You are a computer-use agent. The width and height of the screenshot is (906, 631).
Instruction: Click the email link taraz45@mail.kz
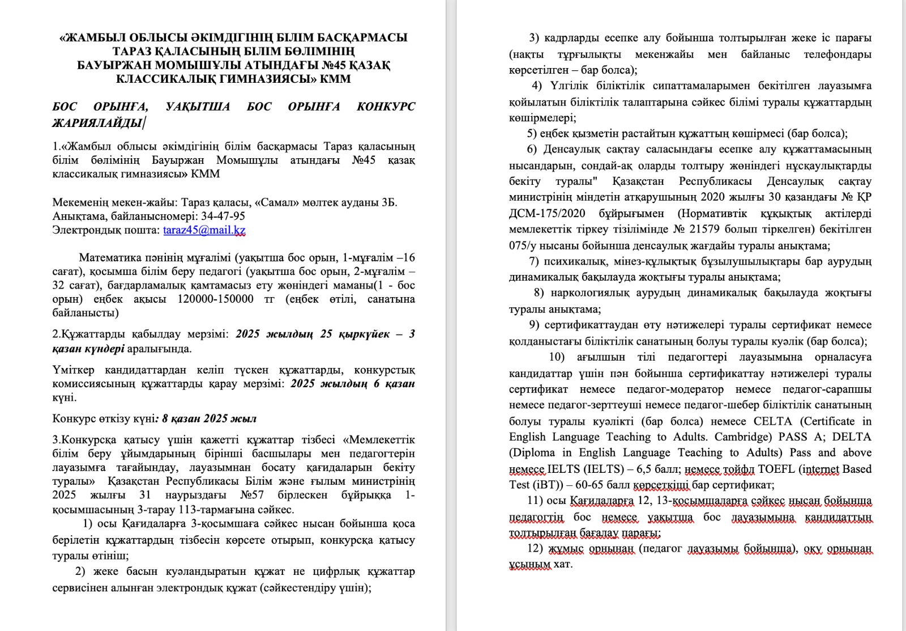click(x=204, y=230)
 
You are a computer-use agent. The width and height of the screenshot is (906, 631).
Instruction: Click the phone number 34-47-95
click(x=223, y=216)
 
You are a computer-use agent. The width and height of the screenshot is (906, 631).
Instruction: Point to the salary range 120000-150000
click(x=215, y=299)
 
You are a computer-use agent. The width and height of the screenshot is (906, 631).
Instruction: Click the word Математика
click(x=108, y=258)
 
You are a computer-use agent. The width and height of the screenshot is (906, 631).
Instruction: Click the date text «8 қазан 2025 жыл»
click(x=209, y=419)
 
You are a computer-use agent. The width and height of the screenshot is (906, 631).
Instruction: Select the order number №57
click(x=253, y=495)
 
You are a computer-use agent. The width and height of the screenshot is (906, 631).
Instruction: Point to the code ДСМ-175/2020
click(x=546, y=214)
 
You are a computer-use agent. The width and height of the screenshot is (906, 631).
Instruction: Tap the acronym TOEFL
click(x=762, y=469)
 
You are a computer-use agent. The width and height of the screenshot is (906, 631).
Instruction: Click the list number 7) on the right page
click(x=534, y=261)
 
